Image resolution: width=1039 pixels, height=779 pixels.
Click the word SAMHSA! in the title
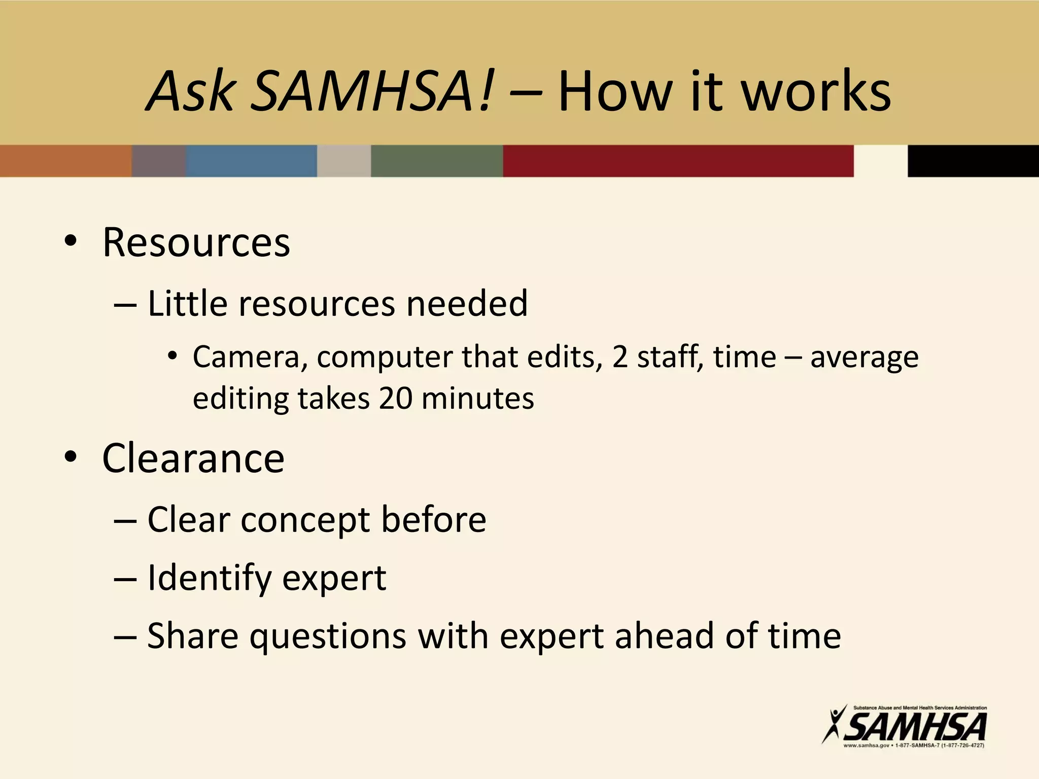pyautogui.click(x=371, y=91)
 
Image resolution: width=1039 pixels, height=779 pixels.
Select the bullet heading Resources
pyautogui.click(x=196, y=242)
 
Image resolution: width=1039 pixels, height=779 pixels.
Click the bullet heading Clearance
pyautogui.click(x=193, y=458)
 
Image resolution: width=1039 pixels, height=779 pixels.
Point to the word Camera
pyautogui.click(x=247, y=357)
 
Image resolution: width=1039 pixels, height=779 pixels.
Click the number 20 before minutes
pyautogui.click(x=395, y=398)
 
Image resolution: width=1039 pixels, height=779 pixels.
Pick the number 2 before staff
pyautogui.click(x=619, y=357)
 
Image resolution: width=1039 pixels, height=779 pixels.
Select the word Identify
pyautogui.click(x=210, y=578)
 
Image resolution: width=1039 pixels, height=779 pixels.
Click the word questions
pyautogui.click(x=328, y=636)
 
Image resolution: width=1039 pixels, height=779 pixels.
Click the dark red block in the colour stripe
pyautogui.click(x=678, y=161)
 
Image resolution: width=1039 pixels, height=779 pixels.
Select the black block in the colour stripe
pyautogui.click(x=973, y=161)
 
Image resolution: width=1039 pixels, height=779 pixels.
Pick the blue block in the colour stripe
pyautogui.click(x=251, y=161)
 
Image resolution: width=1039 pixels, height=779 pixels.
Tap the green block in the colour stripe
pyautogui.click(x=437, y=161)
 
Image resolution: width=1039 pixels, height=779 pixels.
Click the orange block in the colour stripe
pyautogui.click(x=65, y=161)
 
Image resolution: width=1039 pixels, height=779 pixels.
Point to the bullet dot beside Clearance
pyautogui.click(x=71, y=457)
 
